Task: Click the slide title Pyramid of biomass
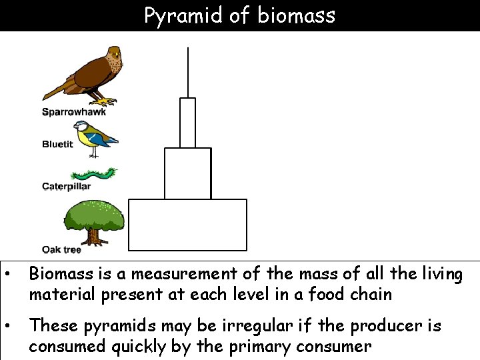(x=240, y=15)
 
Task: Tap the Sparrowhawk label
(x=74, y=112)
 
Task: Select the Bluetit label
(x=57, y=144)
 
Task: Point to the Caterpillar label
(x=66, y=187)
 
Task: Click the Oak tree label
(x=61, y=250)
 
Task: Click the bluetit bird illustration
(x=96, y=137)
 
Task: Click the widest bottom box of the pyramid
(x=187, y=224)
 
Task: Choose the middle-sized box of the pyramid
(x=187, y=173)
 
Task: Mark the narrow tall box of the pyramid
(x=187, y=123)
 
